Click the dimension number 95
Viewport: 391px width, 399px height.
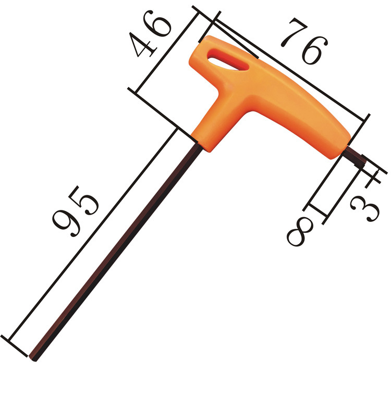coord(76,211)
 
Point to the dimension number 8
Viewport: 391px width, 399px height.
coord(300,231)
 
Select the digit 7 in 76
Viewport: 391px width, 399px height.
coord(294,32)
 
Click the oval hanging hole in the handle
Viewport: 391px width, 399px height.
coord(227,60)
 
